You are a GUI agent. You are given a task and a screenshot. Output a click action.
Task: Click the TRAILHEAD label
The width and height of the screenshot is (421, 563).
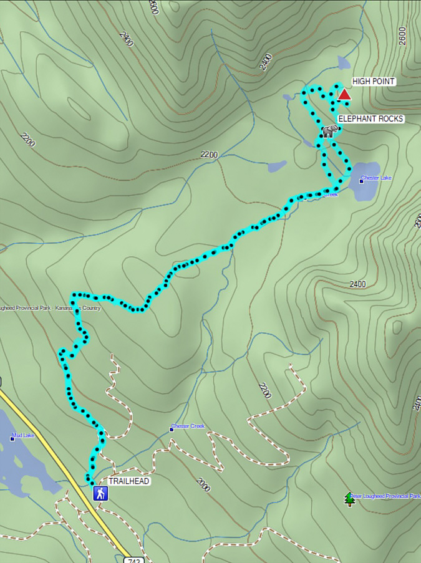pyautogui.click(x=129, y=481)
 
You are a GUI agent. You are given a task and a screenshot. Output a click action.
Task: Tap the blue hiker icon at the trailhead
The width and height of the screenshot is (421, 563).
pyautogui.click(x=100, y=494)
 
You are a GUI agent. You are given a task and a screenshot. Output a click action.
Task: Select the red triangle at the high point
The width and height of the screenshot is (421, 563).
pyautogui.click(x=344, y=95)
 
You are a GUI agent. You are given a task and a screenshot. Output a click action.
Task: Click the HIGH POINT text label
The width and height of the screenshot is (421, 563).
pyautogui.click(x=374, y=81)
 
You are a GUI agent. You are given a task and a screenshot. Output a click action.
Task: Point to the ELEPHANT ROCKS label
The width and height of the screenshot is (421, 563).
pyautogui.click(x=371, y=118)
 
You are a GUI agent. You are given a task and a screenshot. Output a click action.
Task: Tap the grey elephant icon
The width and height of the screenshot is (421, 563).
pyautogui.click(x=329, y=130)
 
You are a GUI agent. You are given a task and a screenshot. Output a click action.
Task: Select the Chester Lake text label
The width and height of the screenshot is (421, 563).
pyautogui.click(x=376, y=178)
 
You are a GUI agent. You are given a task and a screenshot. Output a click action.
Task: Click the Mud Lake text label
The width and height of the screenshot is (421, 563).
pyautogui.click(x=24, y=436)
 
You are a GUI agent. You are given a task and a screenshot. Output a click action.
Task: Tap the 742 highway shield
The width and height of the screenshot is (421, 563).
pyautogui.click(x=129, y=558)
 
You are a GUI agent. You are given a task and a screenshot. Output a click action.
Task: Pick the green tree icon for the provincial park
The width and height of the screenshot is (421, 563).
pyautogui.click(x=349, y=499)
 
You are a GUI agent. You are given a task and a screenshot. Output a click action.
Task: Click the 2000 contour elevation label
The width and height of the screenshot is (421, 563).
pyautogui.click(x=203, y=485)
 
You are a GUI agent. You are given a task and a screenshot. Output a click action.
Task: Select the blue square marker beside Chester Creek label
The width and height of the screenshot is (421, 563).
pyautogui.click(x=172, y=429)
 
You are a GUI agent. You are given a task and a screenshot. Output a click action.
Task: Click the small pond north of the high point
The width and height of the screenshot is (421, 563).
pyautogui.click(x=344, y=62)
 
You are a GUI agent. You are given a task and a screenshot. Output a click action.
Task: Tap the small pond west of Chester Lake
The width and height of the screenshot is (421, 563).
pyautogui.click(x=277, y=166)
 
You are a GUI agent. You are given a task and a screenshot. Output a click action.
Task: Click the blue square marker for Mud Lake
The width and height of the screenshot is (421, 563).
pyautogui.click(x=12, y=438)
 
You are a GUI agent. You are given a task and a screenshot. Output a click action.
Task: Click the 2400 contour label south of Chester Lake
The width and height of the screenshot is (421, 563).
pyautogui.click(x=357, y=284)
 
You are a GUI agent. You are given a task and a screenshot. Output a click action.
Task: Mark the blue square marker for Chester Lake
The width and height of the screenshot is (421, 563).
pyautogui.click(x=361, y=181)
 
